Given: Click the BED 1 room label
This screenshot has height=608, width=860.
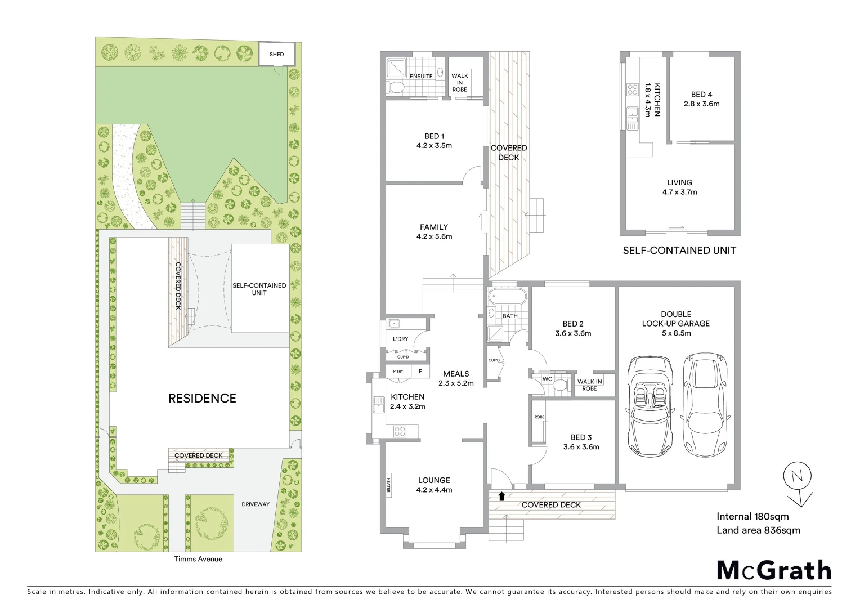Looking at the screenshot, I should [x=434, y=136].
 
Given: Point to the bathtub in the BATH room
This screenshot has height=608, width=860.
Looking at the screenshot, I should [x=508, y=296].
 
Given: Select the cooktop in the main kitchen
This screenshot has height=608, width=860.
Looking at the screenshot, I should [x=400, y=432].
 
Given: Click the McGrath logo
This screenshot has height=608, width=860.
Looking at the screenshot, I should [x=774, y=570].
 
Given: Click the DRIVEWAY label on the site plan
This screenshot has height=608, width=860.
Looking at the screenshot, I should [x=256, y=504].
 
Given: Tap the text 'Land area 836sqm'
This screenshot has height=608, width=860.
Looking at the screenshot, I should [x=758, y=530].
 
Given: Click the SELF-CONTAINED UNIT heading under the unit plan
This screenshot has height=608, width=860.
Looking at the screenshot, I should [x=679, y=251].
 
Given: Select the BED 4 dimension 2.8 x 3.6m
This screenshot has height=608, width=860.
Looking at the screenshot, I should [x=701, y=104].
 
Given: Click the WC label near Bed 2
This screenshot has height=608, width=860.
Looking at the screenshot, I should [x=547, y=379].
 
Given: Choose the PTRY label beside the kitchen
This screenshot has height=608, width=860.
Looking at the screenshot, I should [x=398, y=372].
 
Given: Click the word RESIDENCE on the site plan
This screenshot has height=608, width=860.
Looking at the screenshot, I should [x=202, y=399].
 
